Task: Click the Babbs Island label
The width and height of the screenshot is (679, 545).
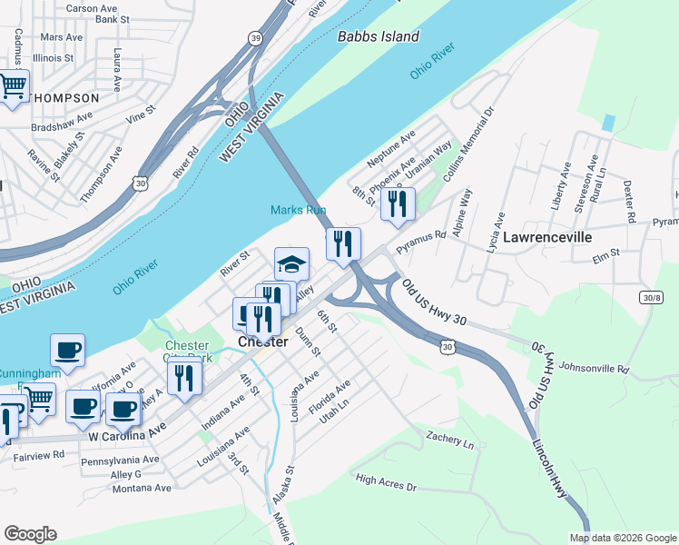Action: point(378,37)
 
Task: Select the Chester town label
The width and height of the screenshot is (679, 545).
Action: point(262,342)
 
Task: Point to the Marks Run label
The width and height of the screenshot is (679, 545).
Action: point(298,210)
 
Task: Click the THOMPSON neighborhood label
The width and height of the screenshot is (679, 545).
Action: point(63,98)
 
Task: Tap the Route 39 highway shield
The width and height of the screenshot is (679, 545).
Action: point(257,36)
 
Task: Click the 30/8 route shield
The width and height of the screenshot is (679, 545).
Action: point(650,297)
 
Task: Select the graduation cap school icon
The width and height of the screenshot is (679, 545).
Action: point(291,263)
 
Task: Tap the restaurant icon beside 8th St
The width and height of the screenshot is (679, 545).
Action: point(397,203)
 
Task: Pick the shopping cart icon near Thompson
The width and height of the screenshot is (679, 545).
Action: point(12,87)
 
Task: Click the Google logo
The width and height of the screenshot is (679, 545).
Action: point(30,534)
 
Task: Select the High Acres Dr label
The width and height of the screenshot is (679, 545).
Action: point(386,482)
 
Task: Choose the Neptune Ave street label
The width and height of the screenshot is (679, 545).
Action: point(391,147)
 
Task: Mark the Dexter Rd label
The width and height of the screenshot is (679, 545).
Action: point(627,200)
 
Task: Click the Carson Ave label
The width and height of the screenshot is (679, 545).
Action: point(92,8)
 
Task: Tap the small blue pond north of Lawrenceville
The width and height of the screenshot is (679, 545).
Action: point(607,122)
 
